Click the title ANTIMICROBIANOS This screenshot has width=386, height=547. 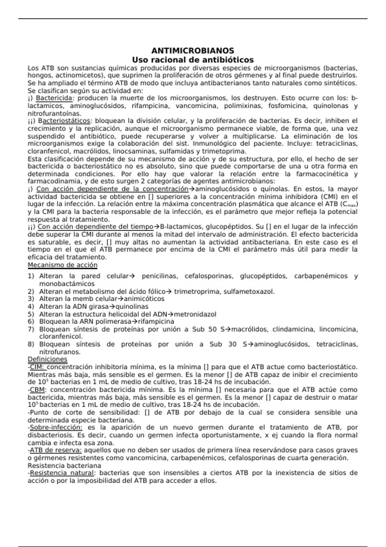point(193,51)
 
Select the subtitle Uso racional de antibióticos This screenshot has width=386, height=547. point(193,60)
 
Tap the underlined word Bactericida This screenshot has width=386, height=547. point(54,98)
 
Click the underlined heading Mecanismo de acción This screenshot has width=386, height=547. point(62,265)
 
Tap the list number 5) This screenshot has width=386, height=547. point(31,314)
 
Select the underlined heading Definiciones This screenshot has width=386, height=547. point(47,359)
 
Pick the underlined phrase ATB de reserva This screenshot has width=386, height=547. point(55,450)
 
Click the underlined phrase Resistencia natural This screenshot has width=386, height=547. point(62,473)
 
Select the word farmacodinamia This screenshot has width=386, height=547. point(52,181)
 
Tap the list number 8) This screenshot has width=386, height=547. point(31,345)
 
